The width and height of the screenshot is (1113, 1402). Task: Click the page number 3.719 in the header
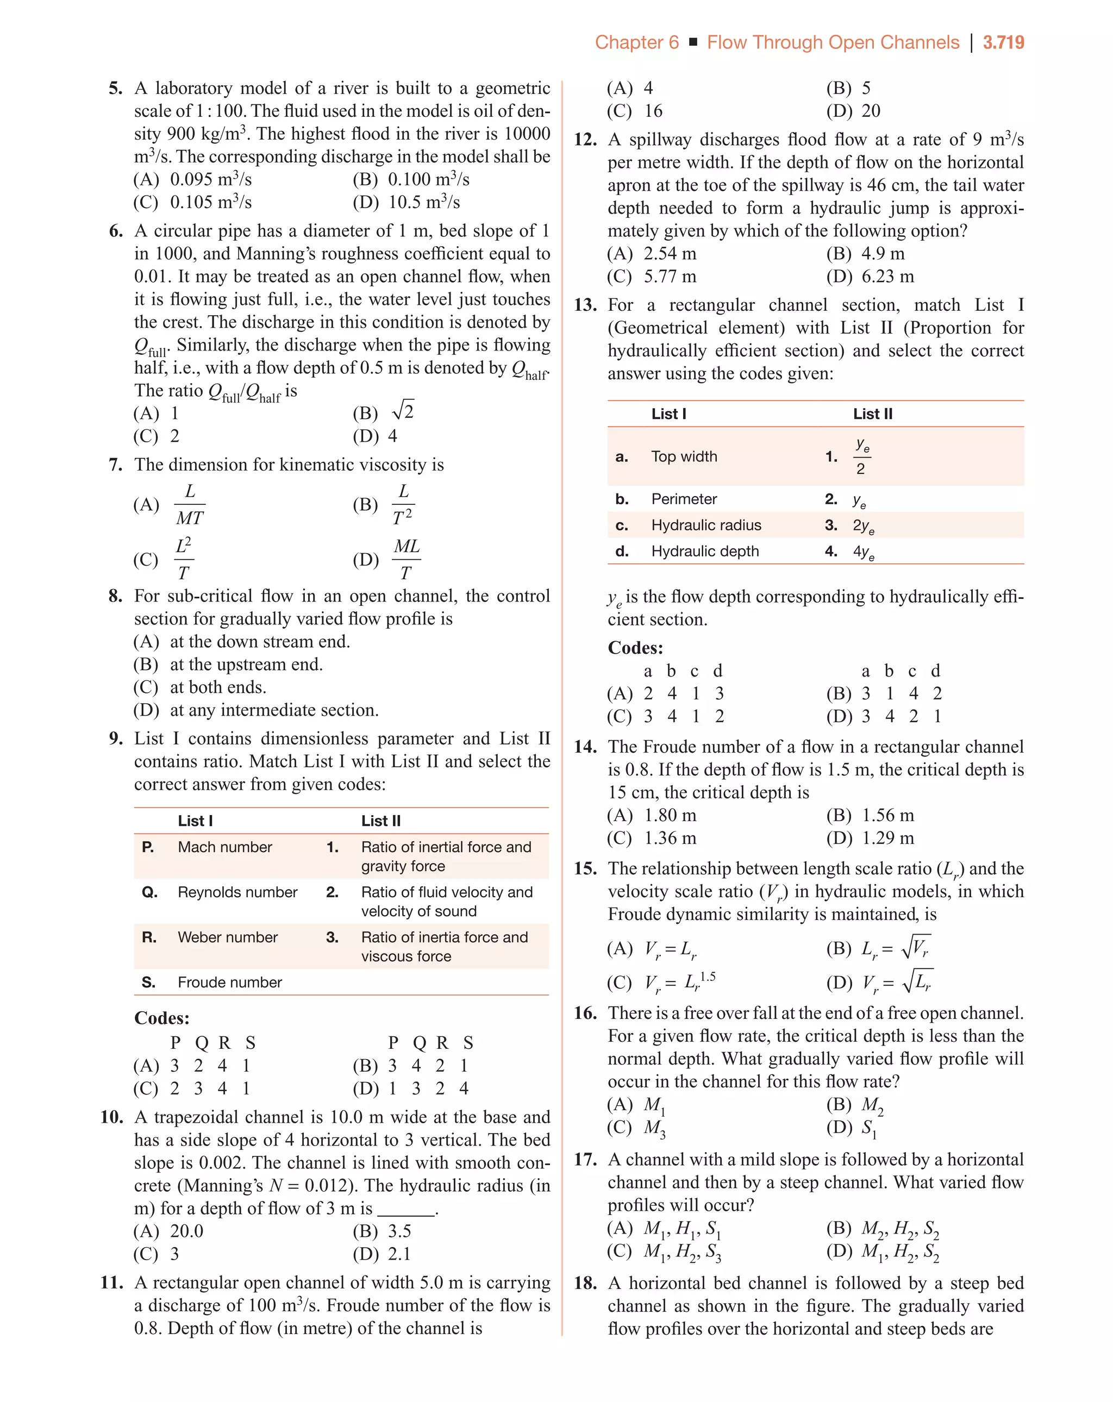coord(1003,43)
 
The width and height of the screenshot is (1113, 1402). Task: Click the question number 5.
coord(115,89)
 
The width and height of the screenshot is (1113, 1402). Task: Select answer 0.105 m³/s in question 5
coord(210,202)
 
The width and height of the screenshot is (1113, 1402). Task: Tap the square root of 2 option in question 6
coord(403,411)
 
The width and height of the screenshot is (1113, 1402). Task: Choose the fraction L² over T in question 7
coord(184,559)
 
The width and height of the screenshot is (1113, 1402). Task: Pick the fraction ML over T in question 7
coord(406,559)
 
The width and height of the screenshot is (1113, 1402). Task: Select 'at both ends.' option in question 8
coord(218,687)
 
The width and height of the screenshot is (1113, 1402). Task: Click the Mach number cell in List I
coord(224,847)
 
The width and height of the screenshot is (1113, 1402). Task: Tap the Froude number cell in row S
coord(230,982)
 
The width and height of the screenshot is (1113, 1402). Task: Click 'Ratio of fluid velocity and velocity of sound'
coord(446,902)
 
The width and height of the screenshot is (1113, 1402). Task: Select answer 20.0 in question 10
coord(186,1231)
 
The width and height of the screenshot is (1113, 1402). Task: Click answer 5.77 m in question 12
coord(670,277)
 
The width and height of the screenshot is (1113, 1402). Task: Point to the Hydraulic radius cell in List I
coord(706,525)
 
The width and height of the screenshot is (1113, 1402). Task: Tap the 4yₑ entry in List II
coord(863,552)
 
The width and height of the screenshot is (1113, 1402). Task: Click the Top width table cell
coord(684,456)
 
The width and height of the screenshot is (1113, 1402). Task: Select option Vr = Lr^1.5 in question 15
coord(679,982)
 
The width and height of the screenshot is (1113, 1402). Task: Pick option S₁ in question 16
coord(868,1128)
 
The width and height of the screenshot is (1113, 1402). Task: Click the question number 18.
coord(585,1283)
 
